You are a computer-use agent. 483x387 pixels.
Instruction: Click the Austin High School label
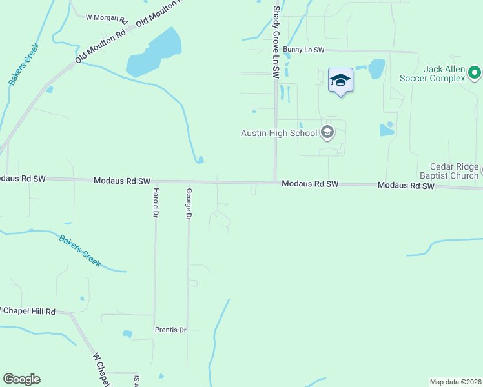[279, 134]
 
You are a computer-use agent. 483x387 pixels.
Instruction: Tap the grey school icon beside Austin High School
[327, 133]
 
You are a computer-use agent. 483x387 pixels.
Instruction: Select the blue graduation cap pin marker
[340, 81]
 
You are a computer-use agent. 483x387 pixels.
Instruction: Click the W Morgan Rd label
[107, 17]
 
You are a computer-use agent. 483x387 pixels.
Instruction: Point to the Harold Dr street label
[156, 202]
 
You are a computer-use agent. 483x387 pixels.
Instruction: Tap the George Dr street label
[189, 204]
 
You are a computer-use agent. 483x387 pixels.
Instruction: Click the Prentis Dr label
[170, 330]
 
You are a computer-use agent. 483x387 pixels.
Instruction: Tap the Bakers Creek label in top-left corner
[25, 64]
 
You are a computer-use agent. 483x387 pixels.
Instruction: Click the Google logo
[21, 379]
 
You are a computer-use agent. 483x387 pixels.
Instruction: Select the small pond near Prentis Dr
[128, 334]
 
